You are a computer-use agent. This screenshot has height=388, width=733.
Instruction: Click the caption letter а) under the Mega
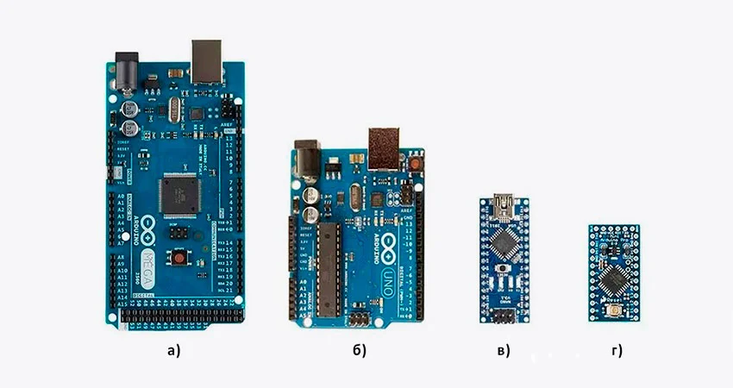click(175, 350)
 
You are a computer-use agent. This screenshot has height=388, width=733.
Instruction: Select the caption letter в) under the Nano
click(502, 350)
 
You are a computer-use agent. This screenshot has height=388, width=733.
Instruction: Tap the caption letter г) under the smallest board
click(615, 350)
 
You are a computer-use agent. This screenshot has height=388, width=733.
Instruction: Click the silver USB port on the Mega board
click(208, 59)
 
